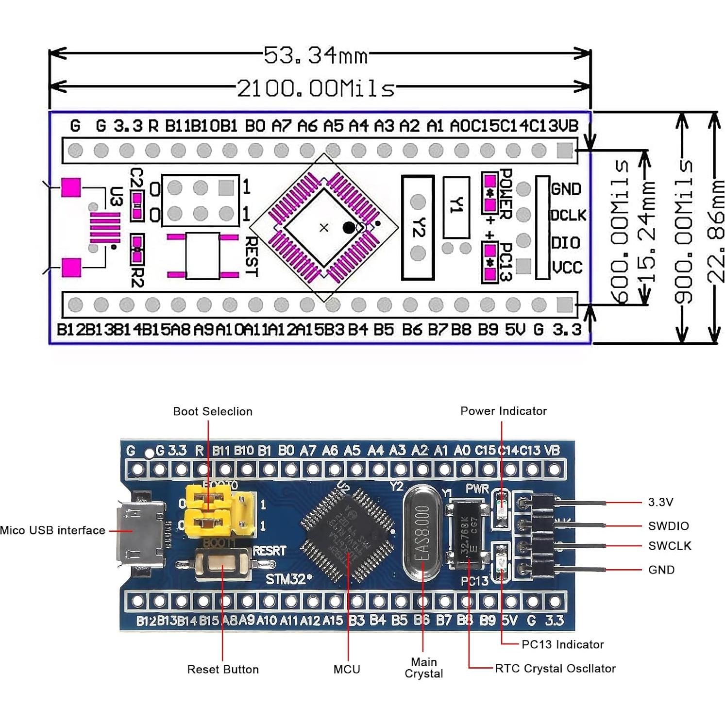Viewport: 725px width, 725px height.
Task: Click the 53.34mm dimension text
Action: click(x=316, y=56)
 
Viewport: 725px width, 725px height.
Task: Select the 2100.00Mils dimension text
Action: click(x=316, y=89)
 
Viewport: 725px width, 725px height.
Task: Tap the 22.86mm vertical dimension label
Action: click(x=715, y=232)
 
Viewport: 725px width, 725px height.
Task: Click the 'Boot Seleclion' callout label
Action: click(x=213, y=412)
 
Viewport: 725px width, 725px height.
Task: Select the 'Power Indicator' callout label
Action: click(x=503, y=411)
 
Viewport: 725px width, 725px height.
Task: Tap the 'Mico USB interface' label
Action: click(x=52, y=530)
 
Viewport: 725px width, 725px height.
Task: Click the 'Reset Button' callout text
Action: click(x=223, y=670)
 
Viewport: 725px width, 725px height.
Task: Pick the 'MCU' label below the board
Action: click(x=347, y=670)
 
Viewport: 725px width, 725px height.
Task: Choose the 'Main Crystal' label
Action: click(x=423, y=668)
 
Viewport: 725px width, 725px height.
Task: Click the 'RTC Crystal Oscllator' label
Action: click(x=555, y=669)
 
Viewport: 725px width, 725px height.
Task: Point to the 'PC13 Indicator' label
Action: click(x=562, y=645)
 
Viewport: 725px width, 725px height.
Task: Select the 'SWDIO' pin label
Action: click(x=668, y=526)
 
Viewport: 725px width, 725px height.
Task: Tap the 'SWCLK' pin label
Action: click(x=669, y=546)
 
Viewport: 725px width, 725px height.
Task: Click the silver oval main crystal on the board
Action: click(x=422, y=533)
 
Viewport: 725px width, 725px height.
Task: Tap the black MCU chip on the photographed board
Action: click(x=347, y=534)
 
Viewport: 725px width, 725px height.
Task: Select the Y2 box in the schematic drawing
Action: click(x=418, y=228)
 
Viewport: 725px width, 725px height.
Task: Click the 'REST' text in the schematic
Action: click(x=251, y=256)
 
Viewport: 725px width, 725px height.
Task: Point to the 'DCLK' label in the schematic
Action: click(x=568, y=215)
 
